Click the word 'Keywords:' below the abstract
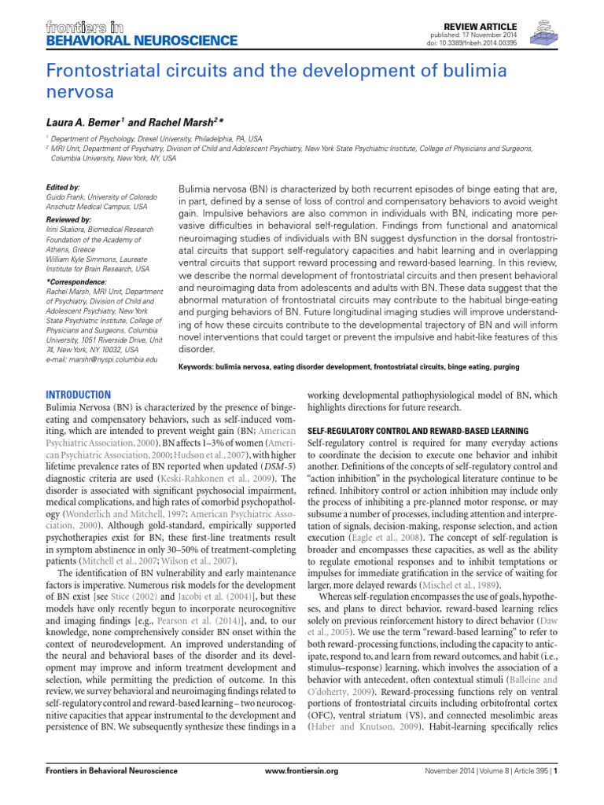pyautogui.click(x=201, y=366)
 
